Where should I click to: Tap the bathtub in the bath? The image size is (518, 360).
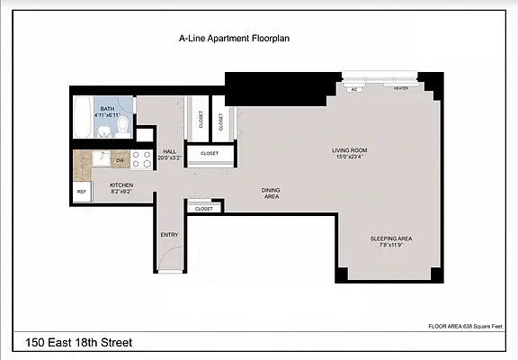point(82,116)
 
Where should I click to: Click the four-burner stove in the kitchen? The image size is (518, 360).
point(142,159)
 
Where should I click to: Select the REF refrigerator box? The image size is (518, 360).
point(81,192)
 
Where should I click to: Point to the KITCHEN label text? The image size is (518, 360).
point(121,184)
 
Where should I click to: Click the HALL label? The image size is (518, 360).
point(169,152)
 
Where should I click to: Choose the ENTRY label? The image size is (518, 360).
point(169,235)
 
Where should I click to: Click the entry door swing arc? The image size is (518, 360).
point(167,262)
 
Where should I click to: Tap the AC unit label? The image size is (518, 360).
point(353,89)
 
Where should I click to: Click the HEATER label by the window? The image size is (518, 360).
point(400,88)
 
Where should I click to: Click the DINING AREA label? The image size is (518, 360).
point(271,193)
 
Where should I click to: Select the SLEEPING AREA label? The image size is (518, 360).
point(391,238)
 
